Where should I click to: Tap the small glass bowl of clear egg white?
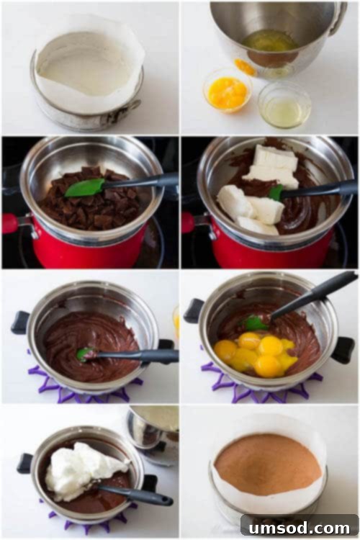click(x=284, y=109)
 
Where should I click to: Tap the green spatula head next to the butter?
click(x=276, y=192)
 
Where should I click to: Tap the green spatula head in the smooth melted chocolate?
click(x=85, y=354)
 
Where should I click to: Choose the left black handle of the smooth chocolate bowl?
click(x=21, y=322)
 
